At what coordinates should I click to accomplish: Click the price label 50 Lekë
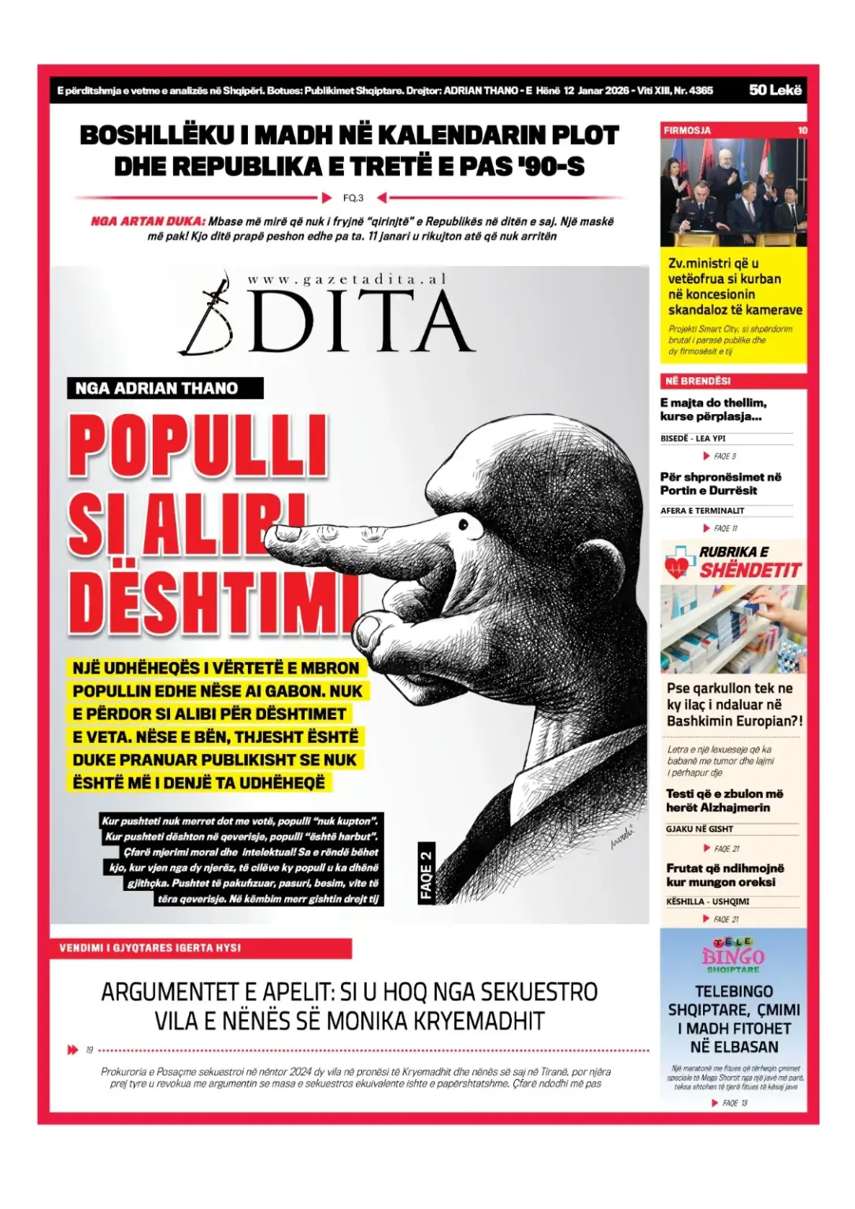[x=775, y=90]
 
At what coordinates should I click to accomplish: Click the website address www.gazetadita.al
[x=346, y=279]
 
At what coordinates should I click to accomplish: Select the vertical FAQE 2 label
[x=426, y=873]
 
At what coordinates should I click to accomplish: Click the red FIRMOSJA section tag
[x=687, y=131]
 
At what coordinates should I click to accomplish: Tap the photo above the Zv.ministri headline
[x=733, y=192]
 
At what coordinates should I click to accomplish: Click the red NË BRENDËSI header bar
[x=733, y=381]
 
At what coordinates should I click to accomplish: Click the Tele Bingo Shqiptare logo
[x=732, y=956]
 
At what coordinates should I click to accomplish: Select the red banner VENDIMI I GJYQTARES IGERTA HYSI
[x=201, y=948]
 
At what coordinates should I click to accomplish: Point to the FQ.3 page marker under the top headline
[x=353, y=198]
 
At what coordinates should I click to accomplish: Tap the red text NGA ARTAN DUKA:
[x=147, y=221]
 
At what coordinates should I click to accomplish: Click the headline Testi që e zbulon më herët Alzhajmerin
[x=724, y=800]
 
